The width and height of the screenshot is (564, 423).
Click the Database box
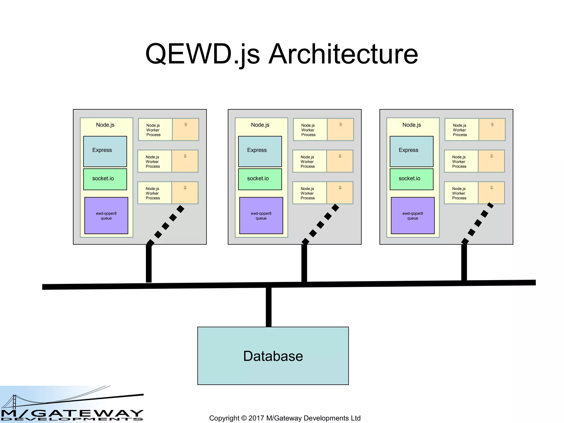[x=273, y=356]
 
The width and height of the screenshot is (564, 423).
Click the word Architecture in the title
[x=343, y=54]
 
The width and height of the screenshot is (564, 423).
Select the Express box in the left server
[x=105, y=151]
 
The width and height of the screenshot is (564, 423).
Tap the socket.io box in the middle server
[x=260, y=179]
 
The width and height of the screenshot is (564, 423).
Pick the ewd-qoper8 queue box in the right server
[x=413, y=215]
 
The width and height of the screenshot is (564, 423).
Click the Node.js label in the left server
[x=105, y=125]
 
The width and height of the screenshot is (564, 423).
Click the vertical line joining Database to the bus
[x=269, y=307]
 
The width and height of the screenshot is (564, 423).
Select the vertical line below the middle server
[x=304, y=263]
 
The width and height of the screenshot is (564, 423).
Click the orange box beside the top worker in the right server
[x=492, y=130]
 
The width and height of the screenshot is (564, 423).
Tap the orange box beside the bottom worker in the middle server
[x=340, y=193]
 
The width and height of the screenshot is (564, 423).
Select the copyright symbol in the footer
[x=244, y=418]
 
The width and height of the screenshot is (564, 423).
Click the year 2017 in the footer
[x=256, y=418]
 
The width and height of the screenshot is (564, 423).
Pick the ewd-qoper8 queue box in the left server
[x=106, y=215]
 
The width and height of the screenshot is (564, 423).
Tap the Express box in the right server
[x=411, y=151]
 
